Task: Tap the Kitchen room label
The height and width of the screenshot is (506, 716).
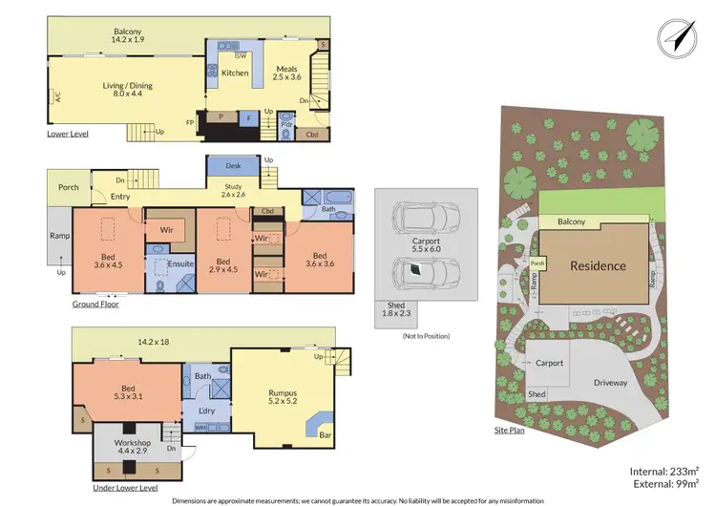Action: [x=235, y=73]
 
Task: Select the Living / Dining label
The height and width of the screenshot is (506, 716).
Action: [x=128, y=85]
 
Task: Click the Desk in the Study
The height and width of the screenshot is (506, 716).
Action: [x=233, y=165]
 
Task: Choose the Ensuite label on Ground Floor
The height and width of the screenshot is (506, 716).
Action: [x=180, y=264]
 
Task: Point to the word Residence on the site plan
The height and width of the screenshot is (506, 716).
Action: [x=599, y=265]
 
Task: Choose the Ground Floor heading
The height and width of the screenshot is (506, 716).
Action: [x=95, y=305]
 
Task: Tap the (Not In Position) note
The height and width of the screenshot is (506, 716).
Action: [x=426, y=336]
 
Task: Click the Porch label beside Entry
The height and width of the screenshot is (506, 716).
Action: [x=68, y=187]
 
